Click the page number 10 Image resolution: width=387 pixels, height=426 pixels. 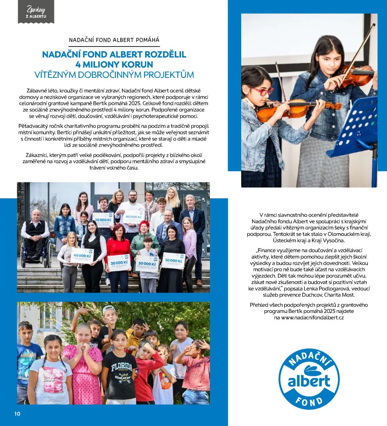coord(17,414)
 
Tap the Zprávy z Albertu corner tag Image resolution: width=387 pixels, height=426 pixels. coord(36,12)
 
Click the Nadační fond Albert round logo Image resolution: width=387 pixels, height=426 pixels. coord(309,379)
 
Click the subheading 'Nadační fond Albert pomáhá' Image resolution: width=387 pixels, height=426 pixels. coord(114,40)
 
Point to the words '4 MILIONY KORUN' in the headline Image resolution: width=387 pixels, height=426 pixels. coord(114,64)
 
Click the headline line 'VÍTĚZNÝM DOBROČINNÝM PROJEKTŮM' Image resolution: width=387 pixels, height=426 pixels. coord(114,74)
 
